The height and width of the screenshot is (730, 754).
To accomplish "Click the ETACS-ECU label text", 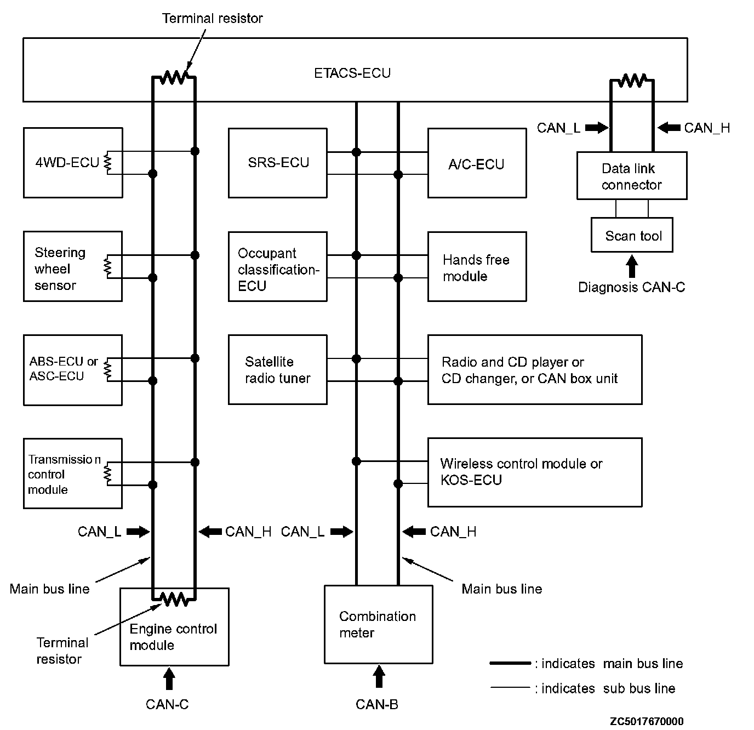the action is [352, 73].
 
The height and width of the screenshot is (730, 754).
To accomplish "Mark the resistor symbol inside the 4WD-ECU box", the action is [108, 163].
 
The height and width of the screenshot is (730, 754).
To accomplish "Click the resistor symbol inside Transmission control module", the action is [108, 474].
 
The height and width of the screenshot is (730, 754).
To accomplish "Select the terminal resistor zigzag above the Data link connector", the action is [632, 81].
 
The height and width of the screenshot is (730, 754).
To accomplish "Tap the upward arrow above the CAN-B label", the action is [379, 676].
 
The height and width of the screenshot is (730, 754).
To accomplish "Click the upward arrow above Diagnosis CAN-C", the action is [632, 266].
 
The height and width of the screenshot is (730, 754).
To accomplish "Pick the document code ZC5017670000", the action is [647, 721].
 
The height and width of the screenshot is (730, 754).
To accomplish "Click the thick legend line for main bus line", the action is [510, 663].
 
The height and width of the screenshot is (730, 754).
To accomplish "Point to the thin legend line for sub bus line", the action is [510, 687].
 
